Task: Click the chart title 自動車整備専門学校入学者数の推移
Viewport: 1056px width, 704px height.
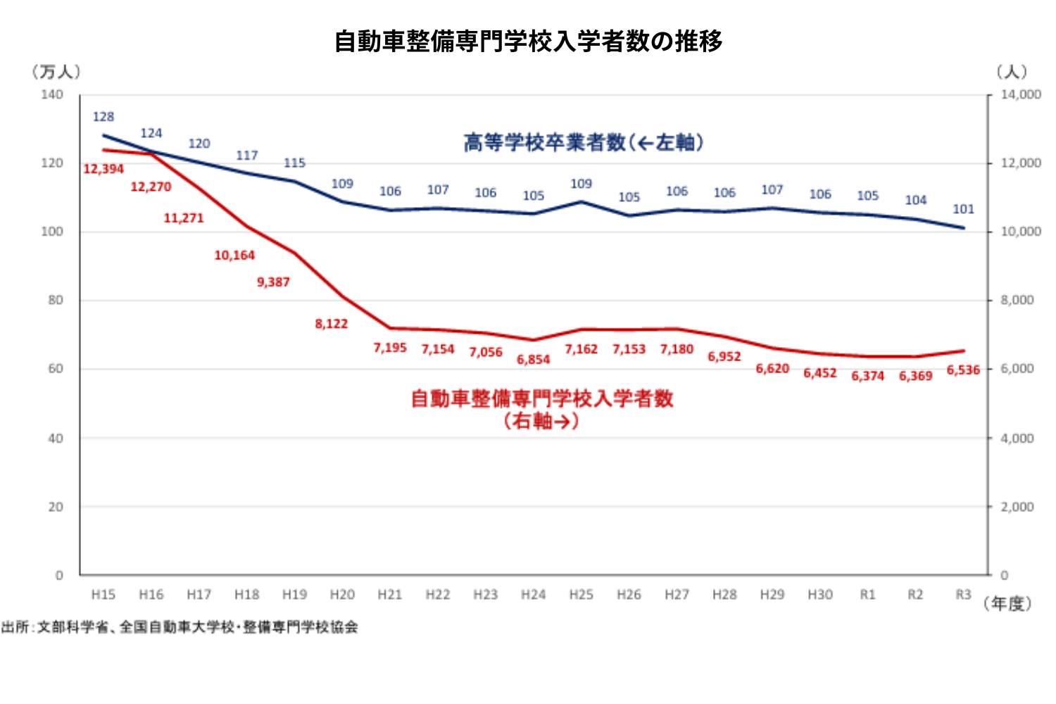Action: tap(528, 42)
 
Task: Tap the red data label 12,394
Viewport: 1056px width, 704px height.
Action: tap(103, 169)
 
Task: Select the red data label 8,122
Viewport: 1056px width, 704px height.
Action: tap(332, 324)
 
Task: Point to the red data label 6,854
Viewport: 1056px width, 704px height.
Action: tap(533, 360)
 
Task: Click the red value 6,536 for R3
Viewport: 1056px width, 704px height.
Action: tap(963, 370)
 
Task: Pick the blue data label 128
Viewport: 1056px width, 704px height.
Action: tap(103, 117)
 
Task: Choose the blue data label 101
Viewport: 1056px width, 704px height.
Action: tap(963, 209)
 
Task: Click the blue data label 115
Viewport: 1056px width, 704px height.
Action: tap(294, 163)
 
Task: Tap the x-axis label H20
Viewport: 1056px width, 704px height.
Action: tap(342, 595)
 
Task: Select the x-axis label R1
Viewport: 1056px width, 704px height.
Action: tap(867, 595)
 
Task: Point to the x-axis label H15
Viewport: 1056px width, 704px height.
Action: tap(103, 595)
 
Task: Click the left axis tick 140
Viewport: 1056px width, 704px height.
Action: tap(52, 94)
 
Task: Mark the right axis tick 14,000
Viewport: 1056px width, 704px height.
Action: tap(1021, 94)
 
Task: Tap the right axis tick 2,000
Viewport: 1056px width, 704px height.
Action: tap(1017, 507)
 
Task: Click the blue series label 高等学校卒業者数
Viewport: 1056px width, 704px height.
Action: tap(543, 143)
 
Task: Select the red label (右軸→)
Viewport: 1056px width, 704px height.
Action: tap(541, 421)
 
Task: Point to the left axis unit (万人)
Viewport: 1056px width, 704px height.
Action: tap(56, 72)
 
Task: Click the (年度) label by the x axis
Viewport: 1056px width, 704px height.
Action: tap(1007, 604)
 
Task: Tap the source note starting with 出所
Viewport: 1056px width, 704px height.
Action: tap(180, 627)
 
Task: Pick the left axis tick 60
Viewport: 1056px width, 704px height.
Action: tap(56, 369)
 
